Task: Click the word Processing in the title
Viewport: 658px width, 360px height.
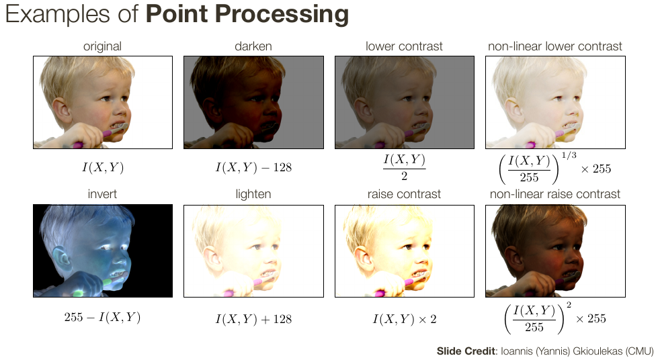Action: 282,14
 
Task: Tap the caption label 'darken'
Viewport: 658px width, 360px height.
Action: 253,46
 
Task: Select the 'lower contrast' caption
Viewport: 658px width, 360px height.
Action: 404,46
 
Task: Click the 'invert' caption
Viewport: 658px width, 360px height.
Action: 102,194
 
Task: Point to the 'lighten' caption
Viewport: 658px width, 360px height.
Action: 253,194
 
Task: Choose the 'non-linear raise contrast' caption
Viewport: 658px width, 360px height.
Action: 554,194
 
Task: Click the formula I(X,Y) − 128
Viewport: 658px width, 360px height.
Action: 253,167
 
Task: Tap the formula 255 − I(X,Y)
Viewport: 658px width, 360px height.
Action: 102,317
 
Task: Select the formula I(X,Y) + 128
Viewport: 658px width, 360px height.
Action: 253,319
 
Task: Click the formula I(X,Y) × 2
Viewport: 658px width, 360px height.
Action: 405,319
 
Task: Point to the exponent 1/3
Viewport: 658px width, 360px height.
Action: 569,155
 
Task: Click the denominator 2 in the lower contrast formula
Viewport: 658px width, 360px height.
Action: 404,176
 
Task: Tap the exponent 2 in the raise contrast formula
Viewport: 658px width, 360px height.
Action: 569,305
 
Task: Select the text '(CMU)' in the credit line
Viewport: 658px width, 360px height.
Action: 639,351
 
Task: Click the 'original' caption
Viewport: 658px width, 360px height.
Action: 102,46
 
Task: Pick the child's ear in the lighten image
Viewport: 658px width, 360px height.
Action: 212,259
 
